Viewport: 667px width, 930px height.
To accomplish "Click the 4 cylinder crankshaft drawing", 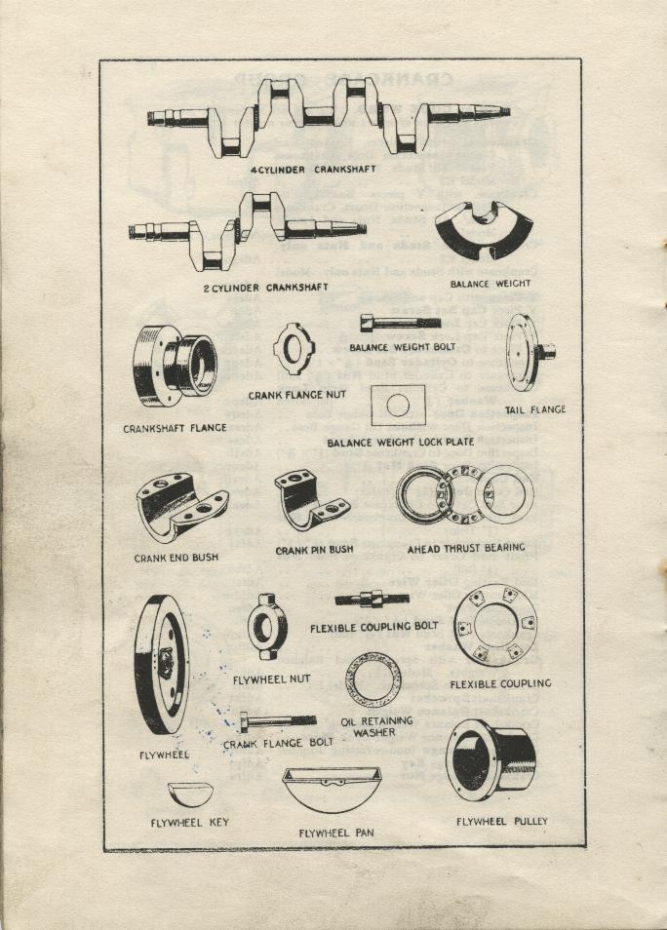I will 329,115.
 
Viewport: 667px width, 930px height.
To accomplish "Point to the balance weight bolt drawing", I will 393,323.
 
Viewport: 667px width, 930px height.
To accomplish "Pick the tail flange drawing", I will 527,352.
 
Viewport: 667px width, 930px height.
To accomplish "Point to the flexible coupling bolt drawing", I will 373,599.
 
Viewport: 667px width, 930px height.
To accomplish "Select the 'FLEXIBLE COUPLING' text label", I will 500,683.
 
